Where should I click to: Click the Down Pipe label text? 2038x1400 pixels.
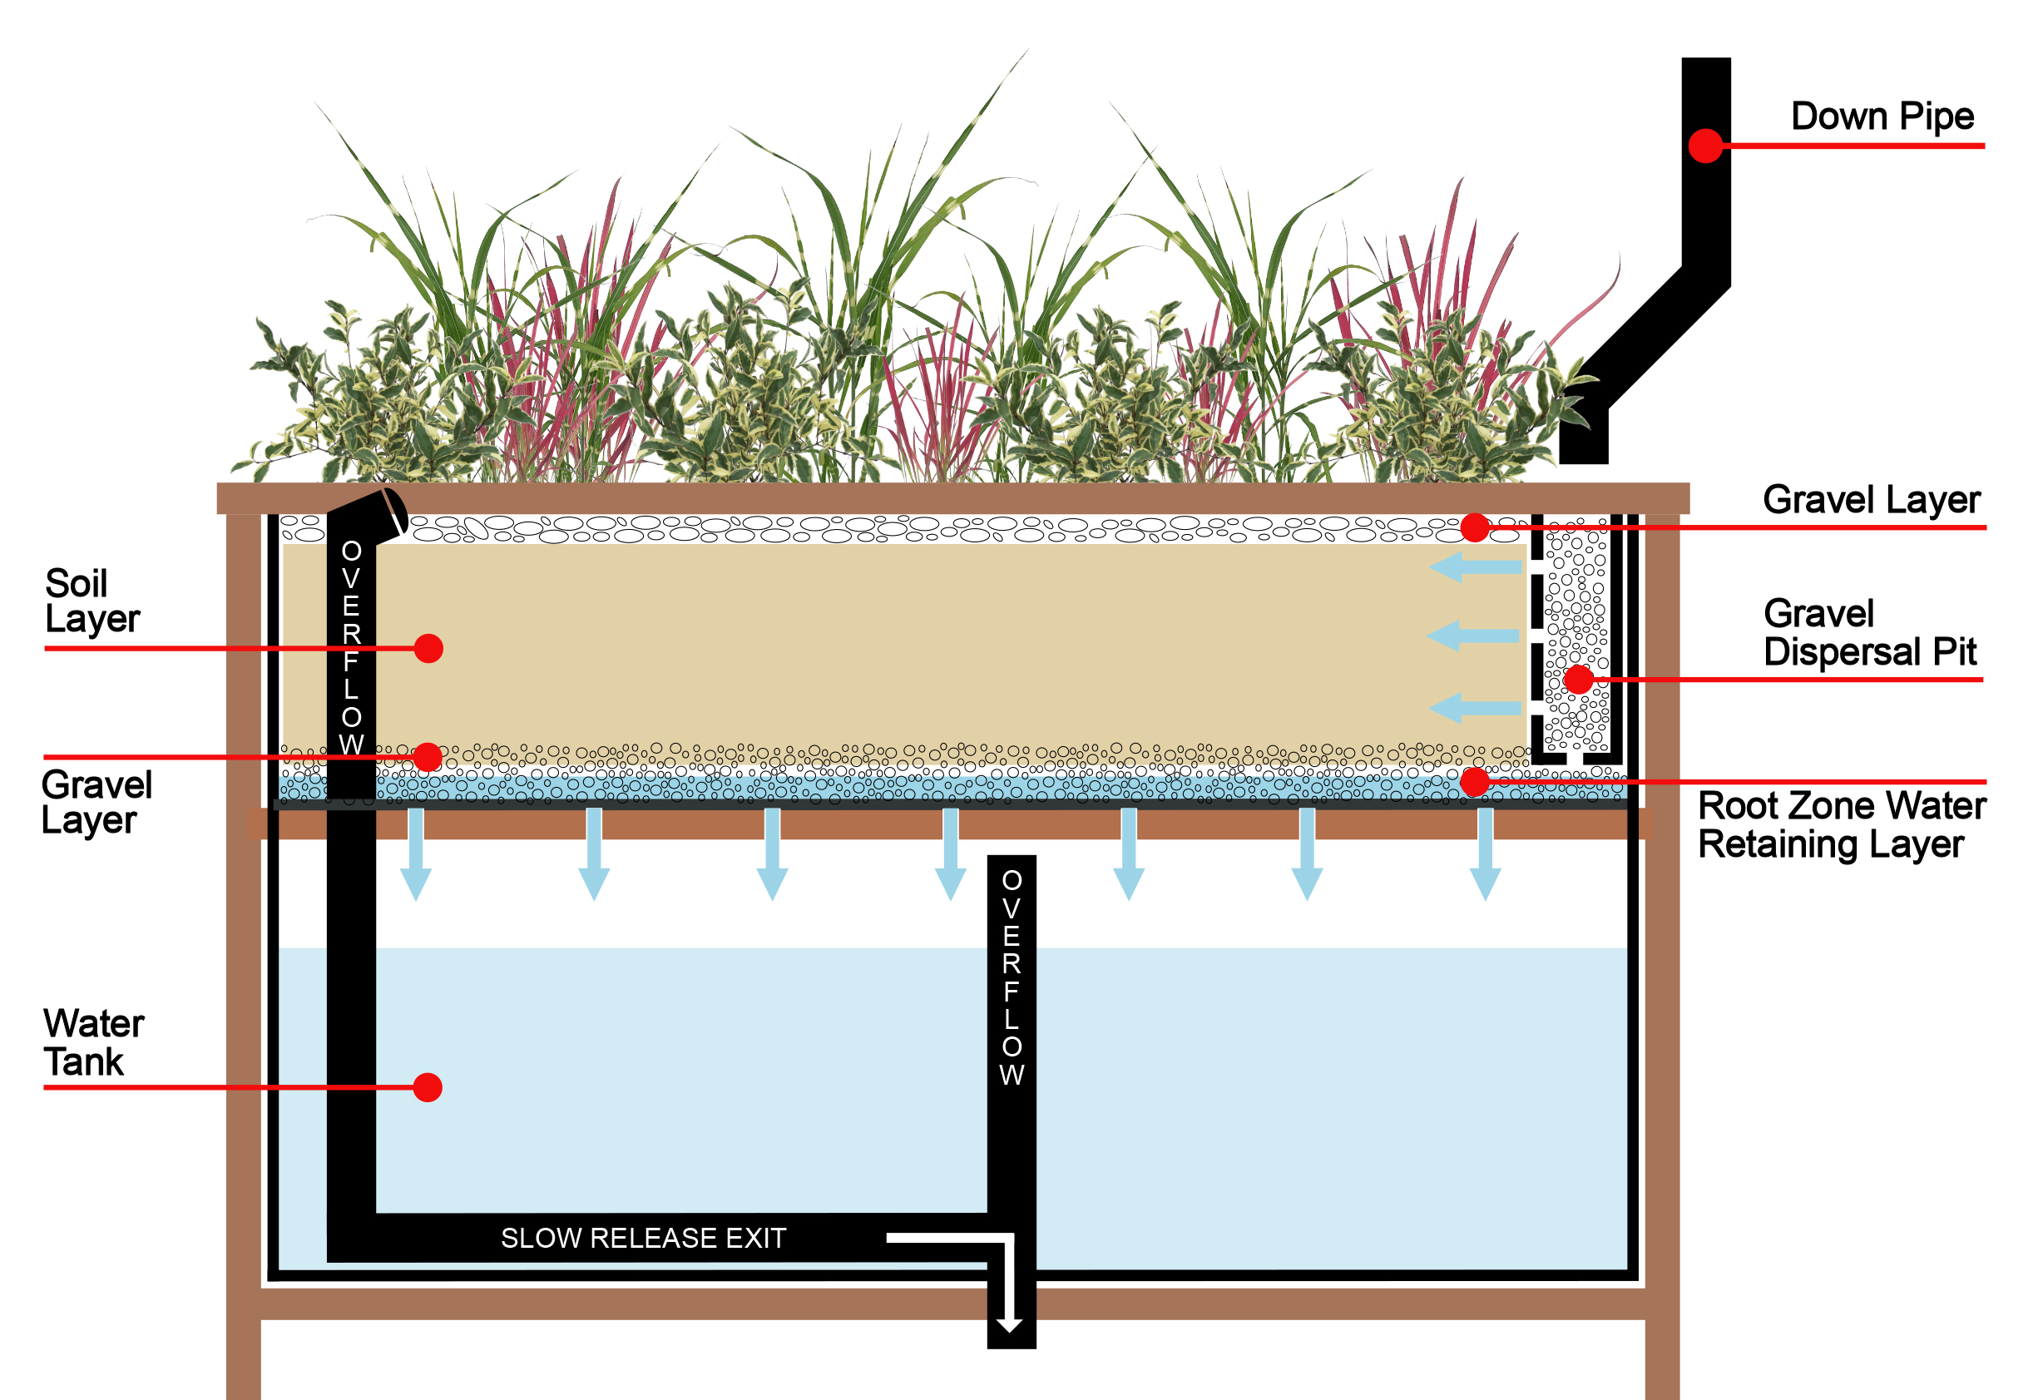(x=1882, y=116)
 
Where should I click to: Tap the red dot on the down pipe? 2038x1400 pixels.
(x=1705, y=146)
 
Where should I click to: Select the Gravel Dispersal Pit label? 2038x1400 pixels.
(x=1870, y=633)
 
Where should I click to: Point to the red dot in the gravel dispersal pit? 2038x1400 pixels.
(x=1578, y=679)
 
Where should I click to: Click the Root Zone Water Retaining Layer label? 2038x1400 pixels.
(x=1842, y=824)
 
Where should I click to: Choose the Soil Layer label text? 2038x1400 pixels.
(x=92, y=601)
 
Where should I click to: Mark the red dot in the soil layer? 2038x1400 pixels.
(x=428, y=648)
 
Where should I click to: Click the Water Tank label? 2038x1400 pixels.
(x=93, y=1042)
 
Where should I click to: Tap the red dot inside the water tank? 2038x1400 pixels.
(x=427, y=1088)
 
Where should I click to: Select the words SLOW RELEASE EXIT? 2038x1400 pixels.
(x=643, y=1238)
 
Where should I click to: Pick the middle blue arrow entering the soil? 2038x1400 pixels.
(x=1473, y=635)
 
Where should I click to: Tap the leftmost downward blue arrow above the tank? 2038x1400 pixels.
(x=416, y=855)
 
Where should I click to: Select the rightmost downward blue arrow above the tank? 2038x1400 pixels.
(x=1485, y=855)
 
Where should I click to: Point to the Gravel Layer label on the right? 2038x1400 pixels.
(x=1872, y=500)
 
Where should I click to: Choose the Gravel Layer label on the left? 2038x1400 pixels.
(x=96, y=803)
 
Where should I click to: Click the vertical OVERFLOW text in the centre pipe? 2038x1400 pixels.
(x=1012, y=977)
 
